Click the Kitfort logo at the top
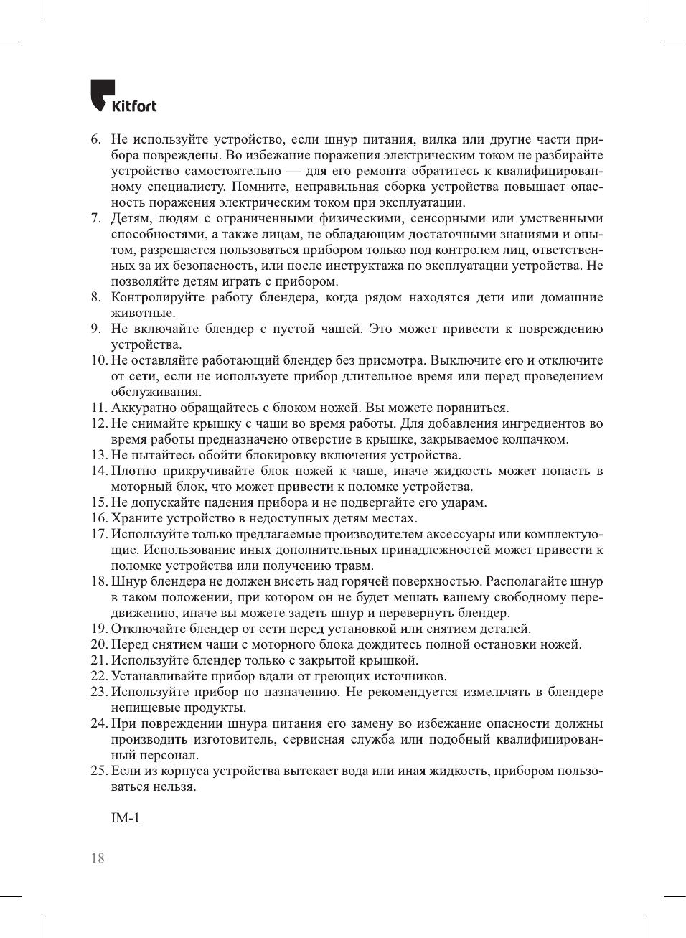point(123,97)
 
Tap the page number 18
point(98,858)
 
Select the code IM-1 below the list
point(126,818)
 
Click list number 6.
point(95,139)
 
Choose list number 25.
point(99,771)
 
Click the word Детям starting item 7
point(130,218)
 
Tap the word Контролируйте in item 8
point(157,297)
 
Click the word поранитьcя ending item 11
point(476,408)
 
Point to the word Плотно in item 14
point(133,471)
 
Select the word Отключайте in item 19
point(146,629)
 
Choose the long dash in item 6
point(293,171)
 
